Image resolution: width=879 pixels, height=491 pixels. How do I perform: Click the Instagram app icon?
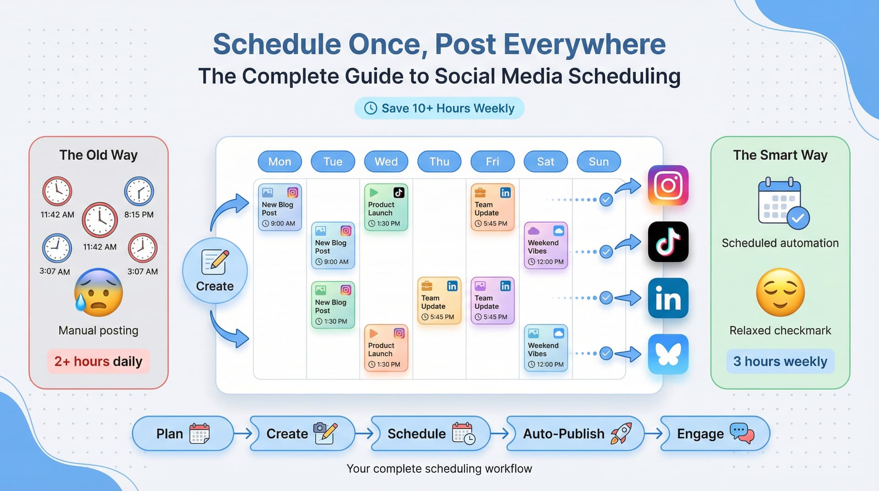(x=668, y=185)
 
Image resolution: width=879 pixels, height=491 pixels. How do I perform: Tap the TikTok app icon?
(x=668, y=242)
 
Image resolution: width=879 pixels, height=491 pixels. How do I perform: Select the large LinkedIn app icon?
(x=668, y=298)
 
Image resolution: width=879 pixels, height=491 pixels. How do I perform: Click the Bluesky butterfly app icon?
(x=668, y=354)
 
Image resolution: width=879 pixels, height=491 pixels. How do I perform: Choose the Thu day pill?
(x=439, y=162)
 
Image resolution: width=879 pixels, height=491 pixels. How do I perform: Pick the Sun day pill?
(x=598, y=162)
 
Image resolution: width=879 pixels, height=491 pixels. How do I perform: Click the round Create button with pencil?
(x=215, y=271)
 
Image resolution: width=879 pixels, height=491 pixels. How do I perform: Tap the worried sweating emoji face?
(x=98, y=293)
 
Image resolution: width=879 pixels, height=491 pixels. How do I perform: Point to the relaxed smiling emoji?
(x=780, y=293)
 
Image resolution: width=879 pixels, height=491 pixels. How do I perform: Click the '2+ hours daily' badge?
(x=98, y=361)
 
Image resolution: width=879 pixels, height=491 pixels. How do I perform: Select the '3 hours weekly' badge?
(x=780, y=361)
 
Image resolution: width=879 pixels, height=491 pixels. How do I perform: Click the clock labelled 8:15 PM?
(x=139, y=191)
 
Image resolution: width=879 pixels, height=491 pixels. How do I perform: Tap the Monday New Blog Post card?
(x=280, y=207)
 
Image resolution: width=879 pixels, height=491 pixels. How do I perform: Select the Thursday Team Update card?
(x=439, y=301)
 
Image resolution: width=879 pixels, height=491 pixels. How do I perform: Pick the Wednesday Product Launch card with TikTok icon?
(x=386, y=207)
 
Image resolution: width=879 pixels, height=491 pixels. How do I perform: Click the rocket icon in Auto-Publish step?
(x=621, y=433)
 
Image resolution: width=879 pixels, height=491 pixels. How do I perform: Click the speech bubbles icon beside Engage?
(x=742, y=433)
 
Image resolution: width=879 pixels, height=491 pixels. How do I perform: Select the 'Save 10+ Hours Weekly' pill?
(x=439, y=109)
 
